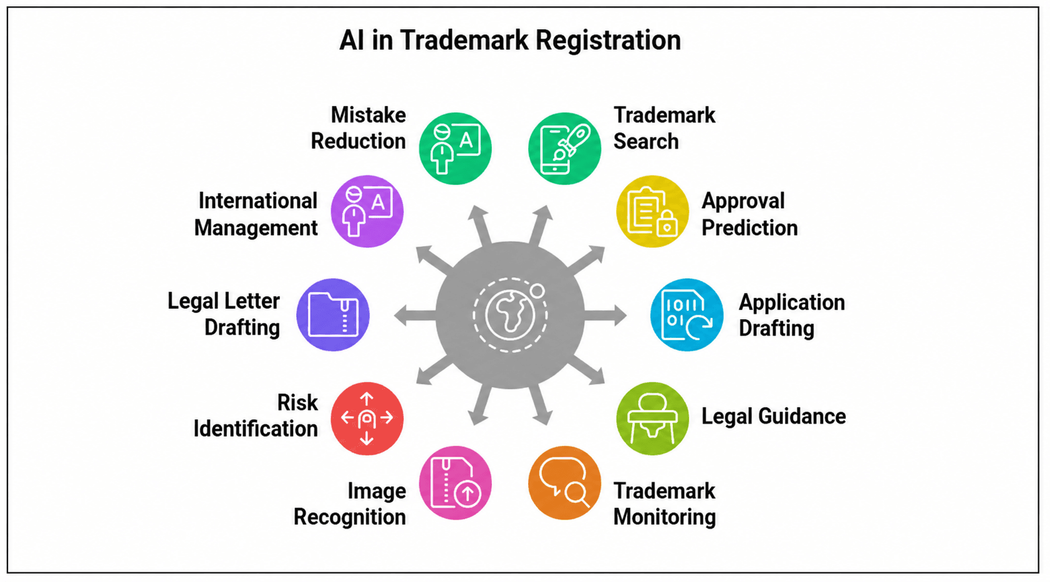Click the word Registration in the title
(608, 41)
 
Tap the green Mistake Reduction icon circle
(455, 148)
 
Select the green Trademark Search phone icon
(564, 148)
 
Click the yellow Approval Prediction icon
(652, 211)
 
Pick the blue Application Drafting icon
(686, 315)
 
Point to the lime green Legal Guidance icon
(652, 419)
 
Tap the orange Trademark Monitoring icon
(564, 483)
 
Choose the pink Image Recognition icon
(455, 483)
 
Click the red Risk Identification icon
(367, 419)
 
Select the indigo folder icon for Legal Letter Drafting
(333, 315)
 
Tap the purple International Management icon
(367, 211)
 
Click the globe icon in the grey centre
(510, 315)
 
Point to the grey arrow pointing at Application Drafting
(605, 315)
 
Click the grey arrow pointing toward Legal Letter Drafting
(415, 315)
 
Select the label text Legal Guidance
(773, 417)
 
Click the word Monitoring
(665, 517)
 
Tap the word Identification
(256, 429)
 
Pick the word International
(258, 201)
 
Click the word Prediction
(749, 228)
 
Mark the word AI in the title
(352, 41)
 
